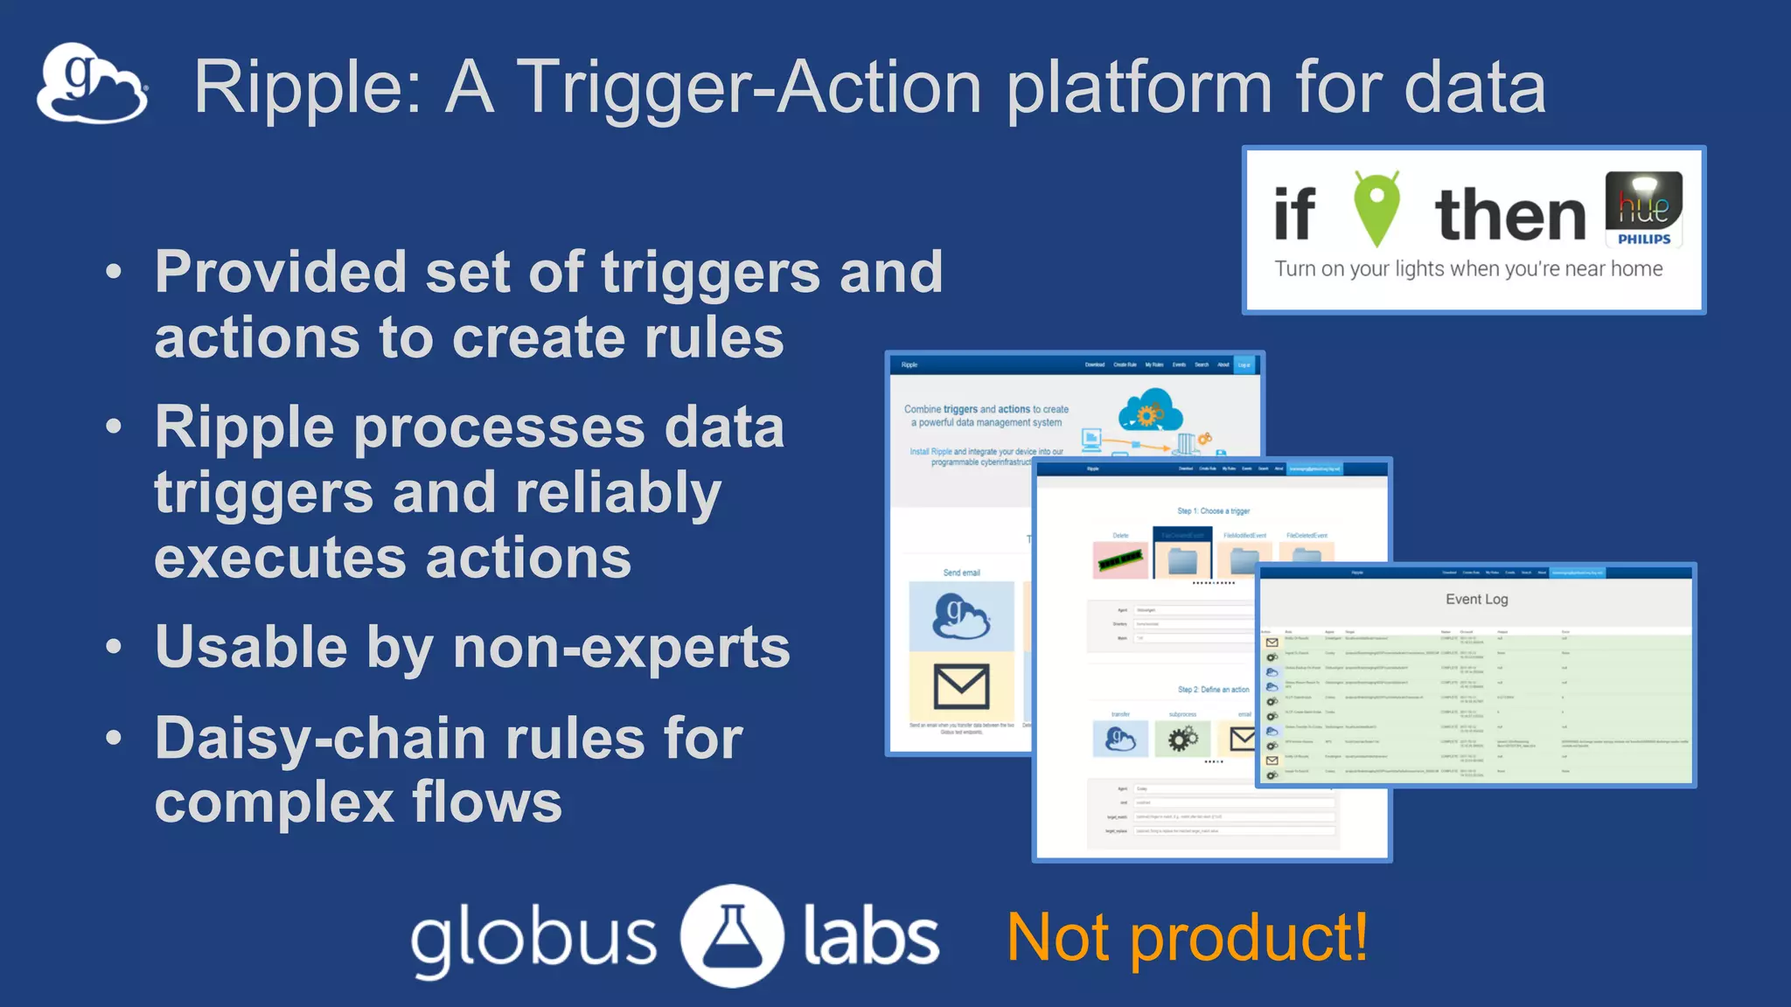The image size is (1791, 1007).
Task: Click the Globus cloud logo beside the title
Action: click(x=92, y=84)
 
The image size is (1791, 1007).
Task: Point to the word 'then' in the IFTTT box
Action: click(x=1510, y=215)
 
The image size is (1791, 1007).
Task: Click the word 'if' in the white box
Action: click(x=1294, y=213)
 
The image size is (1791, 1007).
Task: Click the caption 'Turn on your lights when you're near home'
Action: click(x=1468, y=269)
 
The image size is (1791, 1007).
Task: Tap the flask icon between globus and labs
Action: click(x=732, y=936)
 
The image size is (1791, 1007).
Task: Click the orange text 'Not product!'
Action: click(x=1187, y=938)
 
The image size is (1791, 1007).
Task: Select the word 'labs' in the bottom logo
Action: click(x=871, y=936)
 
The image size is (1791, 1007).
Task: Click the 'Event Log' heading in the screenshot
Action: click(x=1476, y=600)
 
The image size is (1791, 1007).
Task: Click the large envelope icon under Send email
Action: click(x=961, y=686)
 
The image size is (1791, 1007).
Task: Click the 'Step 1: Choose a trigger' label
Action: click(x=1213, y=511)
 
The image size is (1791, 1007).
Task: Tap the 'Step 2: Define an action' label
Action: click(x=1213, y=690)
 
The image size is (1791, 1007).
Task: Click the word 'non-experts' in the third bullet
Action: click(x=621, y=647)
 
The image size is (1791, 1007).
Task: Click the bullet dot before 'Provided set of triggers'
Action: click(x=114, y=273)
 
